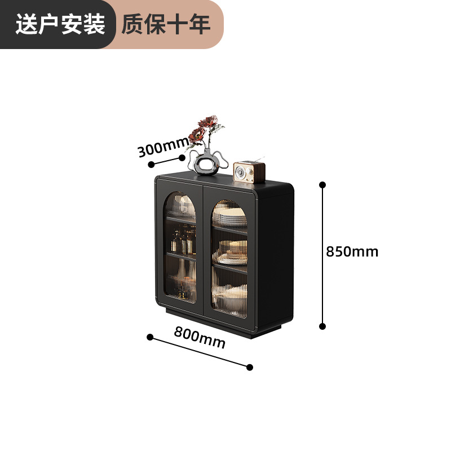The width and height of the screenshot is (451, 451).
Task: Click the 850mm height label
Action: [352, 251]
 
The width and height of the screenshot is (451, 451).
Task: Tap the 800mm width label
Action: [200, 337]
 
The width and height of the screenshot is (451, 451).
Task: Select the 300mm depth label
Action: [163, 147]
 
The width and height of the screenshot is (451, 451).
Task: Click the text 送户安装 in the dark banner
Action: [60, 24]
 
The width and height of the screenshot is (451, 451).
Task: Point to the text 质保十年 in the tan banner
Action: [166, 24]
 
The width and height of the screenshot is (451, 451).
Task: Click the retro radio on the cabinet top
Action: [249, 171]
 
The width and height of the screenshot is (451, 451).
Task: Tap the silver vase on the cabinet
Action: [207, 162]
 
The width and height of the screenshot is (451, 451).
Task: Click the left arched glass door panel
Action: [180, 247]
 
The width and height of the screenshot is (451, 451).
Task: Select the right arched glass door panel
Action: [229, 258]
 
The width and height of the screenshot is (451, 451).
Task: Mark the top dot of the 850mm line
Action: [322, 185]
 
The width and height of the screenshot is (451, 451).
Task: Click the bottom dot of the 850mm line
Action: [322, 326]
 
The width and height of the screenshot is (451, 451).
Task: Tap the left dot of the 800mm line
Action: [150, 337]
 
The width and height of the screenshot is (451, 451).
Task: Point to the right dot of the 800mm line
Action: [250, 367]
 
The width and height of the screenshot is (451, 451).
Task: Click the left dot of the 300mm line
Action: [151, 165]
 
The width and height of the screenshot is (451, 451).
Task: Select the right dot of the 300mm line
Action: [182, 158]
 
